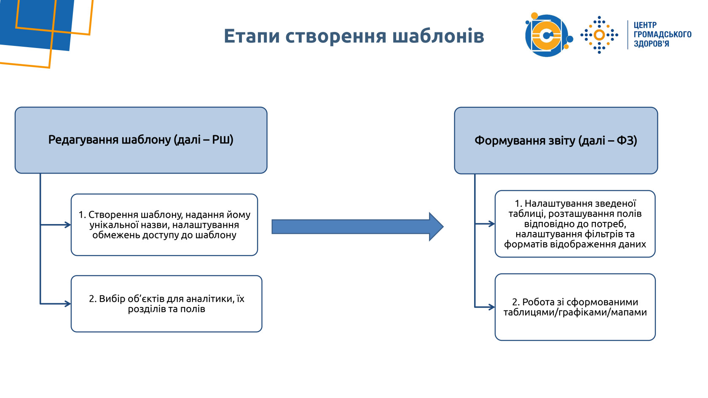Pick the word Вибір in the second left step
(x=112, y=299)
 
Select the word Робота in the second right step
(x=538, y=302)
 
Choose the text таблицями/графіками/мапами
(x=575, y=313)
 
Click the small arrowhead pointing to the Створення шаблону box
(x=68, y=225)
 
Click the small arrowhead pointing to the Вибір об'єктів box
(x=68, y=304)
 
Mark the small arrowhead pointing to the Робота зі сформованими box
(x=492, y=307)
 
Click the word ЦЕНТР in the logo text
(x=645, y=25)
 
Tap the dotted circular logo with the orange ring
(x=599, y=35)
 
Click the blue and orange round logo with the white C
(x=547, y=35)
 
